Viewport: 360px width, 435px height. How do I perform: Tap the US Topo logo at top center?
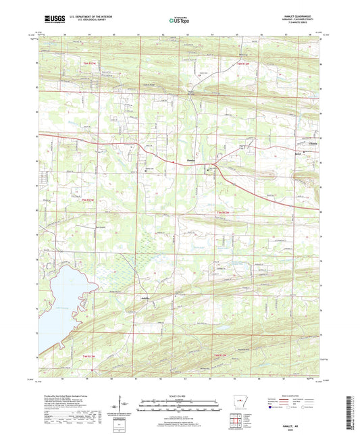[x=180, y=21]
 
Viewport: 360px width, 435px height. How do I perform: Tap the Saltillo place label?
[x=145, y=296]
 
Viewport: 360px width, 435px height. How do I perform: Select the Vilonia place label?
[x=310, y=152]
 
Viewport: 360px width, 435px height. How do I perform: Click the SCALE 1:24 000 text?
[x=180, y=397]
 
